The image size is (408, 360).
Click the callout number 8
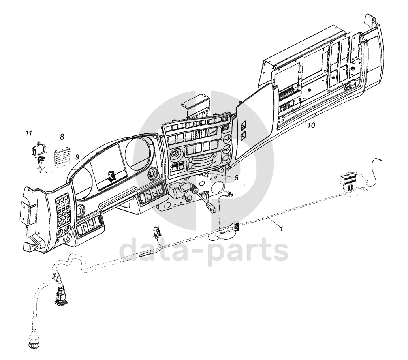click(62, 137)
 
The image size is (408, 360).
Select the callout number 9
click(77, 157)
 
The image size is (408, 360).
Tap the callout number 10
click(311, 125)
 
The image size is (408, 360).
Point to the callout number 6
click(236, 178)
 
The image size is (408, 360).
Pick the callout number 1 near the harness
click(281, 229)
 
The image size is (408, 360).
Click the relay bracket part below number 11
click(39, 152)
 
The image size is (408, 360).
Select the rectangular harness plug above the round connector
click(60, 296)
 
